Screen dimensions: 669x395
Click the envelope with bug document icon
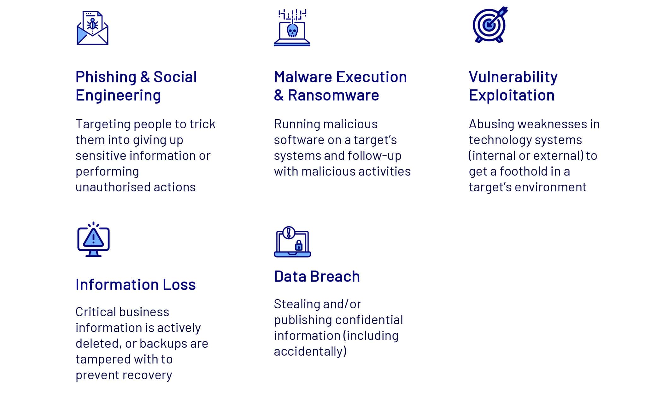pos(92,28)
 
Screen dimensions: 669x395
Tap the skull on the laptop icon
pos(292,31)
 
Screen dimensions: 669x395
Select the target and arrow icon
pos(490,25)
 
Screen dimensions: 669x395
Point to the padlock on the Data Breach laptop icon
pos(299,245)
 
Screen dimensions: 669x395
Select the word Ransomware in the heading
pos(333,95)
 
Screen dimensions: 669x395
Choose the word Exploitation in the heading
pos(512,95)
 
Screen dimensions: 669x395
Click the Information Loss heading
pos(136,285)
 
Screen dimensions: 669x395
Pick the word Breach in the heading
pos(335,276)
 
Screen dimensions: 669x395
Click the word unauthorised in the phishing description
pos(113,187)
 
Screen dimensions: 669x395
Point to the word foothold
pos(523,171)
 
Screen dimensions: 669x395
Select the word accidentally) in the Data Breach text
pos(310,351)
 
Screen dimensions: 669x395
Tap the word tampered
pos(103,359)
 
